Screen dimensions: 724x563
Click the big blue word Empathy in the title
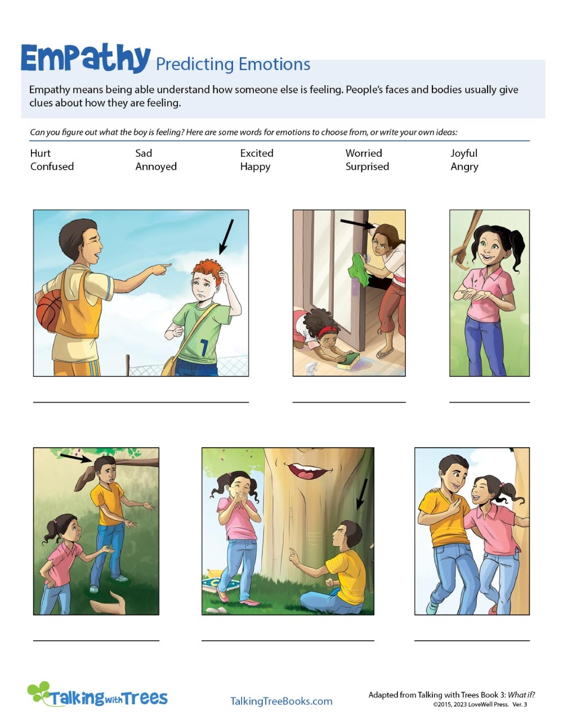click(86, 59)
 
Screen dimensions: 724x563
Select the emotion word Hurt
click(41, 153)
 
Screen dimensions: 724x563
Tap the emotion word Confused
click(52, 167)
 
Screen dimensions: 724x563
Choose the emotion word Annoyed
click(156, 167)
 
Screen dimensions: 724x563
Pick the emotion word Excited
click(257, 153)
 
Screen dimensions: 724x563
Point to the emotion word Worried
click(364, 153)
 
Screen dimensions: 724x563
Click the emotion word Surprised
click(367, 167)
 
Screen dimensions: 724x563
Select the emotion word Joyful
click(464, 153)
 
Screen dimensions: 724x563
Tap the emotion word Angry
click(464, 167)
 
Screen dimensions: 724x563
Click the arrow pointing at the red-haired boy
click(226, 236)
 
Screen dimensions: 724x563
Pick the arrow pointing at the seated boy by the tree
click(361, 494)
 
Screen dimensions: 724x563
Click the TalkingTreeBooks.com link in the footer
click(281, 701)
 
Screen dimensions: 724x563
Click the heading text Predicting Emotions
click(233, 64)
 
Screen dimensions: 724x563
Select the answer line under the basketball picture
click(141, 401)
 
